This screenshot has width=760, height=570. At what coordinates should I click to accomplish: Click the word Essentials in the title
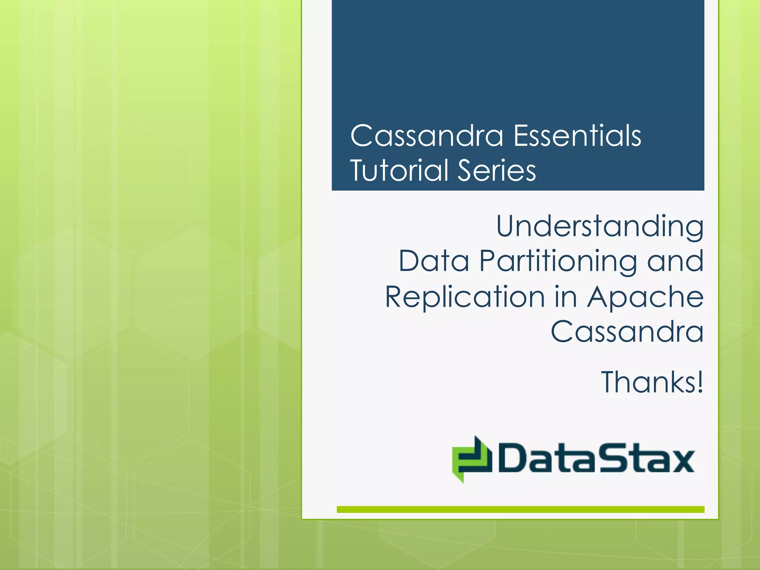[x=577, y=136]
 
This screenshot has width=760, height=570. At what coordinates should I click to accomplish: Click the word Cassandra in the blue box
[x=427, y=136]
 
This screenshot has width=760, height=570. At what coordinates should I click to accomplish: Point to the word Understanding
[x=600, y=226]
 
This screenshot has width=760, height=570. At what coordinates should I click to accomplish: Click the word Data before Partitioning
[x=434, y=261]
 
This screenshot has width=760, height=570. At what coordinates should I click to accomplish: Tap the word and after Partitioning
[x=675, y=261]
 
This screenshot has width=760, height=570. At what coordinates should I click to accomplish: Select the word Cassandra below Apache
[x=627, y=331]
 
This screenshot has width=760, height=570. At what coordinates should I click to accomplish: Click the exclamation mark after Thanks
[x=700, y=382]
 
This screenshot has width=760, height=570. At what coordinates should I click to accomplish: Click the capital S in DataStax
[x=610, y=458]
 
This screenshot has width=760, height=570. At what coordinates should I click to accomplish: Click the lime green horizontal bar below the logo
[x=520, y=510]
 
